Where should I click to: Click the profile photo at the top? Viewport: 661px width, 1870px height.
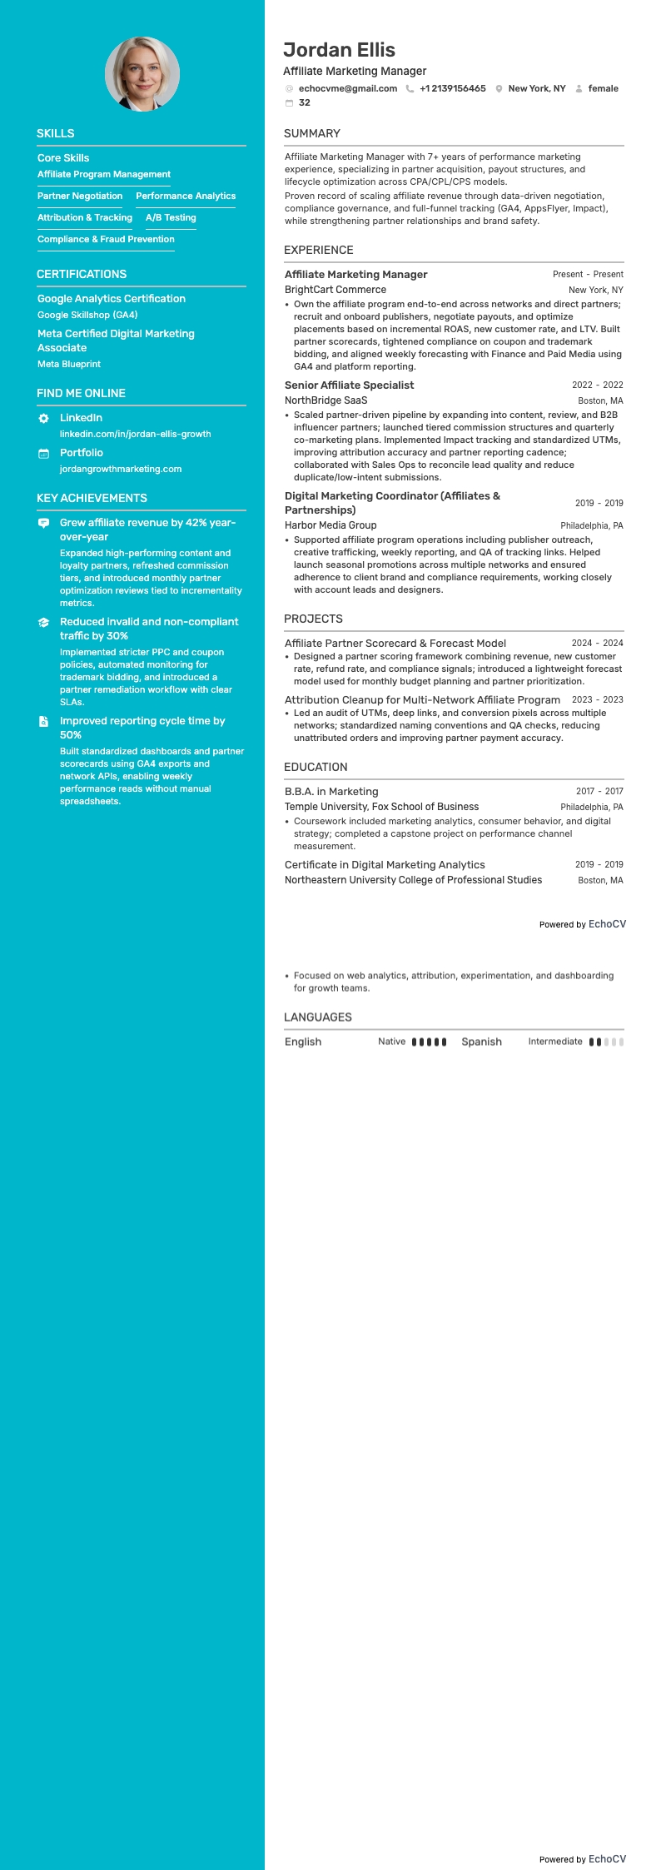[142, 74]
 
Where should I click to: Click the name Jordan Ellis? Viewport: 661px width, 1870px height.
[339, 50]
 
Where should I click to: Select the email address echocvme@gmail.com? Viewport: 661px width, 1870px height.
[347, 88]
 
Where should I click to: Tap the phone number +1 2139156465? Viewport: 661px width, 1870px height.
[452, 88]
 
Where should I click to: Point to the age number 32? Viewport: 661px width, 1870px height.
[305, 103]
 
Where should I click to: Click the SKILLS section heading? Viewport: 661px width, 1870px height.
[56, 133]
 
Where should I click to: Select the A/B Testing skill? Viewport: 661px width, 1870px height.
[171, 218]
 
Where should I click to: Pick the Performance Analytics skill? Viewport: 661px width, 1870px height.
[186, 196]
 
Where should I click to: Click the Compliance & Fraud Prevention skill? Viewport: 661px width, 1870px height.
[106, 240]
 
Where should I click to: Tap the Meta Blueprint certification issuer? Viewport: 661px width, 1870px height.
[69, 365]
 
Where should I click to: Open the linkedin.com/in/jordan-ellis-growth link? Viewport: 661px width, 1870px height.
[135, 435]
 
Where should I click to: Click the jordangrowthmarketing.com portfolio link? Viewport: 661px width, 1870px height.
[121, 470]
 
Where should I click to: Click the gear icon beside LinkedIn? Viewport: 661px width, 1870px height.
[44, 418]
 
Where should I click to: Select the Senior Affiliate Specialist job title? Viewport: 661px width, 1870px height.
[349, 385]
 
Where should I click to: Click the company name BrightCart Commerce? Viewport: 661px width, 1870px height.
[335, 291]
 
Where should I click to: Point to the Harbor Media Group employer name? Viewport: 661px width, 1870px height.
[330, 526]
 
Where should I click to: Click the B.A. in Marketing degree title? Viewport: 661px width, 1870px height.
[331, 792]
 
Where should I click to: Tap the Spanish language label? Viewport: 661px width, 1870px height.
[481, 1042]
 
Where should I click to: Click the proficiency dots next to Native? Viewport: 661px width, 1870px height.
[429, 1042]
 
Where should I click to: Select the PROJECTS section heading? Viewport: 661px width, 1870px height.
[313, 619]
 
